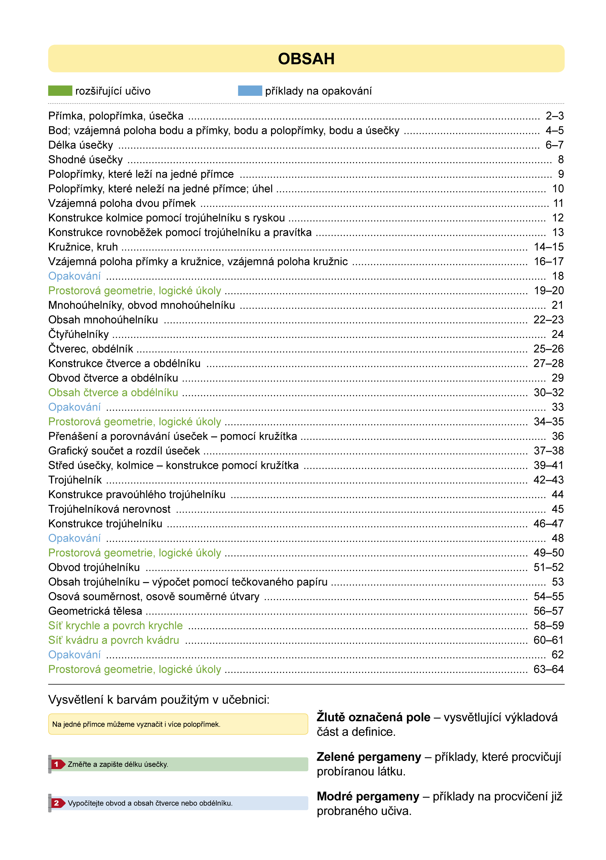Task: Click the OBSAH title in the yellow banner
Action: tap(306, 59)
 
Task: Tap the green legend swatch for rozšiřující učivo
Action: tap(60, 91)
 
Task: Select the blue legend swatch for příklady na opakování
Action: tap(250, 91)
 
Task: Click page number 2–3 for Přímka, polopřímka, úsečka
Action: tap(554, 116)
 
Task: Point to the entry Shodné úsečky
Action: tap(85, 160)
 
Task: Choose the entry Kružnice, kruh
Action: tap(83, 247)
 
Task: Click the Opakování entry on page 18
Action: tap(74, 276)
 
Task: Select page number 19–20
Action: tap(549, 291)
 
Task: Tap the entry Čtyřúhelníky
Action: tap(78, 334)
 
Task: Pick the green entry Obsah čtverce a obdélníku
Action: tap(113, 393)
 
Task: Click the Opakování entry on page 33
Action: tap(74, 407)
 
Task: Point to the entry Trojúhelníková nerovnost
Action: tap(109, 509)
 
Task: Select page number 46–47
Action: tap(549, 524)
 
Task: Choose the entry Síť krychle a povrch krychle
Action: tap(115, 626)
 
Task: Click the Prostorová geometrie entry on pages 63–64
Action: tap(135, 669)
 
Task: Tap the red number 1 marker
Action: tap(57, 764)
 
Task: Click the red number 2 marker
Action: tap(57, 803)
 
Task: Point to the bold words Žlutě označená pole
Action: tap(373, 717)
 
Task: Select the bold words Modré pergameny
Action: tap(368, 796)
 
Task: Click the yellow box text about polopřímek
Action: tap(136, 724)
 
